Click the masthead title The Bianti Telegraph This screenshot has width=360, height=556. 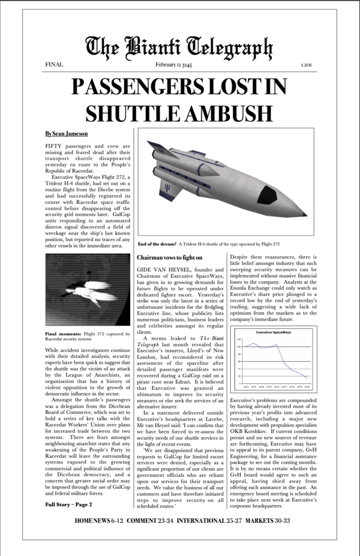click(179, 46)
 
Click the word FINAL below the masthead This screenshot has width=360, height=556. click(54, 64)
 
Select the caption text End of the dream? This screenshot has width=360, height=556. click(157, 245)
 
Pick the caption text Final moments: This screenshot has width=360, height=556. click(64, 333)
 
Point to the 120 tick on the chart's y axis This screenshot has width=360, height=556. click(239, 339)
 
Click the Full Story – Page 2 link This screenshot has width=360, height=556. click(67, 504)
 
